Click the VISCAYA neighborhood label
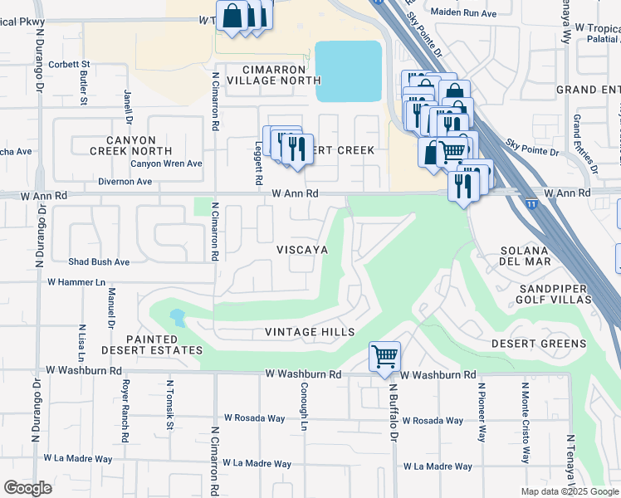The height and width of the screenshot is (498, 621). [302, 249]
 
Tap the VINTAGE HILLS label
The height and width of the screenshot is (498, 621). [310, 332]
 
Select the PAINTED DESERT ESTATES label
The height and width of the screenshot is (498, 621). [164, 345]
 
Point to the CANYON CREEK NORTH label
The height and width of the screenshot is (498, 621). [133, 145]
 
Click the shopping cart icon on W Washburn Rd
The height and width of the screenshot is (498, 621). [384, 358]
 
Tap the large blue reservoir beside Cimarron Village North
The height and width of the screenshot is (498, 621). [348, 71]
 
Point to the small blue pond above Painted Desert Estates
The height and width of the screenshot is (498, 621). [177, 316]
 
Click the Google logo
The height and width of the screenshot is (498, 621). [27, 488]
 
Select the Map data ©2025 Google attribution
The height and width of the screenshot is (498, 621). [570, 491]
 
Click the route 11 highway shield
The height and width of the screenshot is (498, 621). [531, 202]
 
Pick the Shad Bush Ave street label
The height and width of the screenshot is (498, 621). [99, 261]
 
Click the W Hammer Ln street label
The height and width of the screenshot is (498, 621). [76, 282]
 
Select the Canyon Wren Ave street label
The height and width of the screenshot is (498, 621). [171, 164]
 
